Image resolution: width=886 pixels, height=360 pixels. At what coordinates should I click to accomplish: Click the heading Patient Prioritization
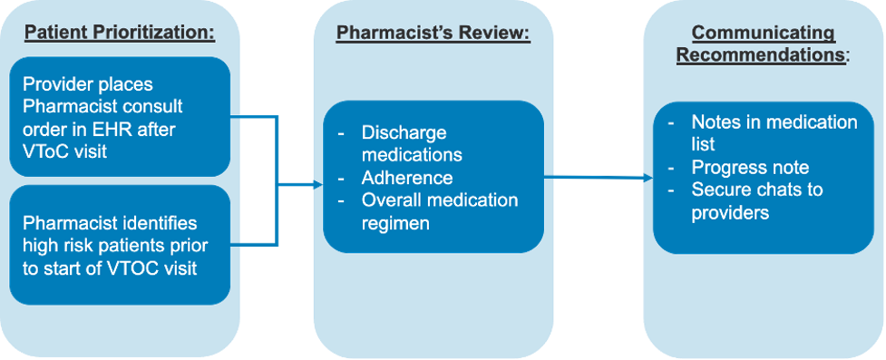coord(120,34)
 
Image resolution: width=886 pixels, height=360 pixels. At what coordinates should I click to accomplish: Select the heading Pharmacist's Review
coord(433,34)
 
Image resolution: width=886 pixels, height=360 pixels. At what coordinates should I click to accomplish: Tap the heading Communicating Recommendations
coord(763,44)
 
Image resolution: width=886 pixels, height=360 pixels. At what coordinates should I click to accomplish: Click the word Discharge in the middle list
coord(404,132)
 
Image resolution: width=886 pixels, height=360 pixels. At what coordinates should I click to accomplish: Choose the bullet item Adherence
coord(406,178)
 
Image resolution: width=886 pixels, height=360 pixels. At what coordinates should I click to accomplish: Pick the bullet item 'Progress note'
coord(750,167)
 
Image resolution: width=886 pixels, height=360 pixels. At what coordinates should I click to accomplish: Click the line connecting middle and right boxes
coord(599,178)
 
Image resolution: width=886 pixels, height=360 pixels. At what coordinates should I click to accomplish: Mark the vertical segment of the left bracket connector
coord(277,181)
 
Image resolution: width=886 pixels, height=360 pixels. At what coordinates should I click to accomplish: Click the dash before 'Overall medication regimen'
coord(341,199)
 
